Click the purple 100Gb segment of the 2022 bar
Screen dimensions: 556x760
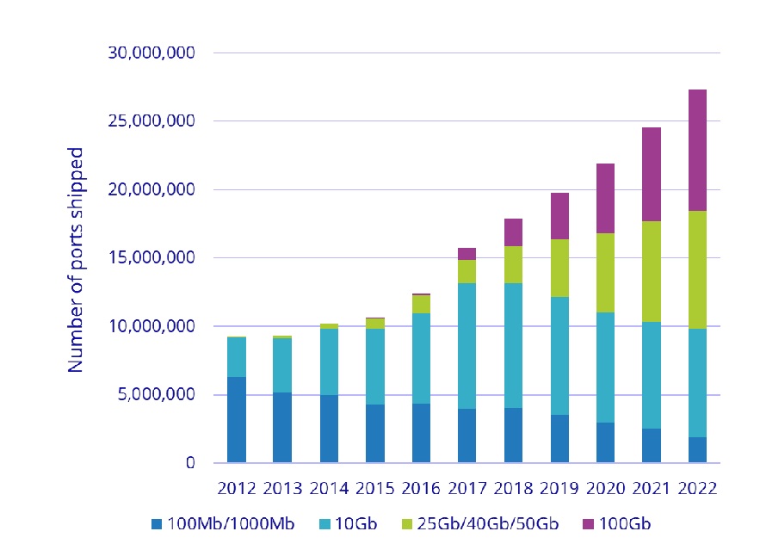(697, 151)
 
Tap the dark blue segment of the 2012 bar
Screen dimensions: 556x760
(237, 419)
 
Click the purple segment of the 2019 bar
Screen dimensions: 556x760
(559, 216)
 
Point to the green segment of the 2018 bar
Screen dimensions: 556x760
(512, 264)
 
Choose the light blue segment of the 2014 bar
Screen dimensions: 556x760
(329, 361)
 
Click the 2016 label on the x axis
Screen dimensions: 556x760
(421, 488)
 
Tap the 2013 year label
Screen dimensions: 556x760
(282, 488)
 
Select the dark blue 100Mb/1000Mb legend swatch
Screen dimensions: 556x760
(156, 524)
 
